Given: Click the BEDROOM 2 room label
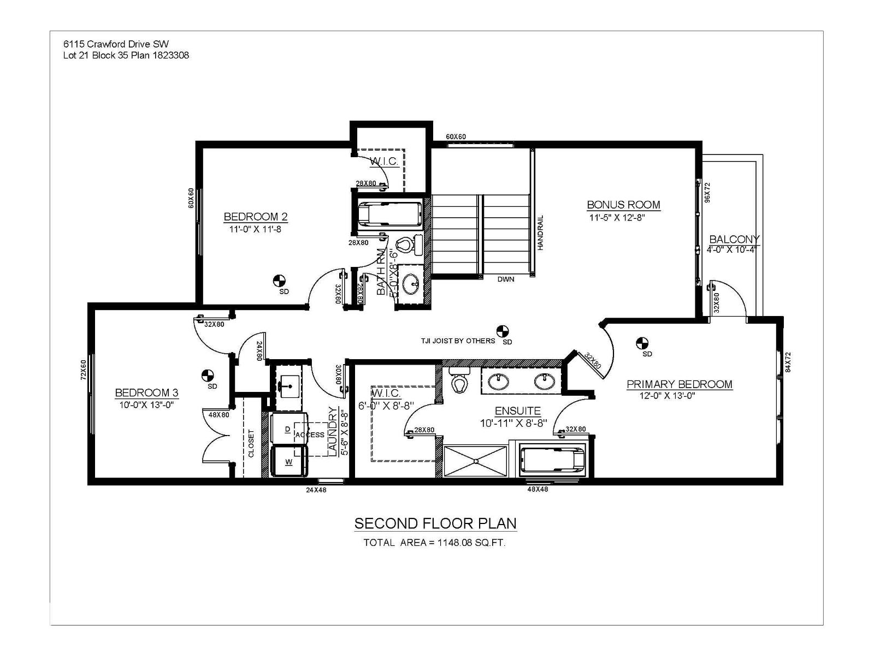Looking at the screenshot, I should coord(255,217).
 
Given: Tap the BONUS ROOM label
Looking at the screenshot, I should coord(623,205).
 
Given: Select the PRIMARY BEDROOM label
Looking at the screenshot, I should coord(679,384).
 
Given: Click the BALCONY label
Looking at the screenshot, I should coord(734,239).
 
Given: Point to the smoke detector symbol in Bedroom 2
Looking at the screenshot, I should coord(279,281).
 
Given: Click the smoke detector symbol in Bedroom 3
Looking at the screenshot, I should coord(207,376).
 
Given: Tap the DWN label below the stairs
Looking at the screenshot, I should coord(506,279).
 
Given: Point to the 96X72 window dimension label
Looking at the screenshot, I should coord(707,193).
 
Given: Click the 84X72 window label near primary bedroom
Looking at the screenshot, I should coord(788,362).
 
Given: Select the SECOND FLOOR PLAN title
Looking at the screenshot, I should coord(435,523).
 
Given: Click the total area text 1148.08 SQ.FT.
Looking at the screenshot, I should coord(435,543).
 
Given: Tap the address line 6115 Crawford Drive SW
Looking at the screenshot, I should coord(120,45).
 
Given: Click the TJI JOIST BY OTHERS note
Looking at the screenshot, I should coord(458,341).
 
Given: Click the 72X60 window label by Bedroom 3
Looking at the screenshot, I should coord(84,370).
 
